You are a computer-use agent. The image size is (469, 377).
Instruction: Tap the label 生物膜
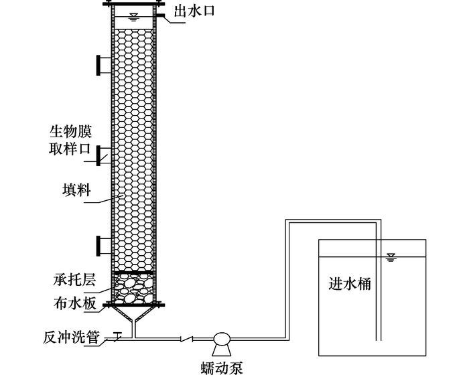point(70,131)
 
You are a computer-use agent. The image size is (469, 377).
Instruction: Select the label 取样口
point(70,149)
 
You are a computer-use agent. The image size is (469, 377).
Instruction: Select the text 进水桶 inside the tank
point(350,284)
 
